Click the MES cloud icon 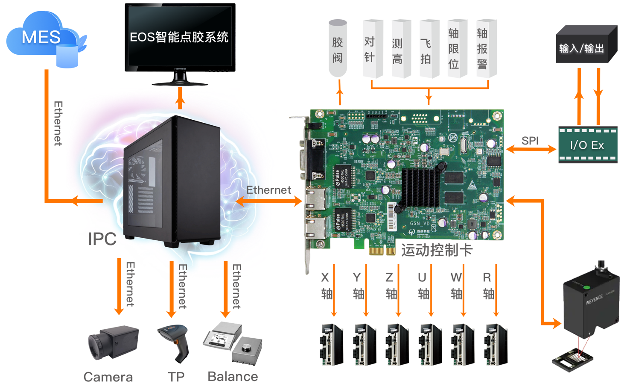point(43,38)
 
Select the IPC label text point(102,239)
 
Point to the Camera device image point(113,342)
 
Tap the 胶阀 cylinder point(338,48)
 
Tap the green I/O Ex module point(587,145)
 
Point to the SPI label point(530,140)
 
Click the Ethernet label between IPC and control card point(268,190)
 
